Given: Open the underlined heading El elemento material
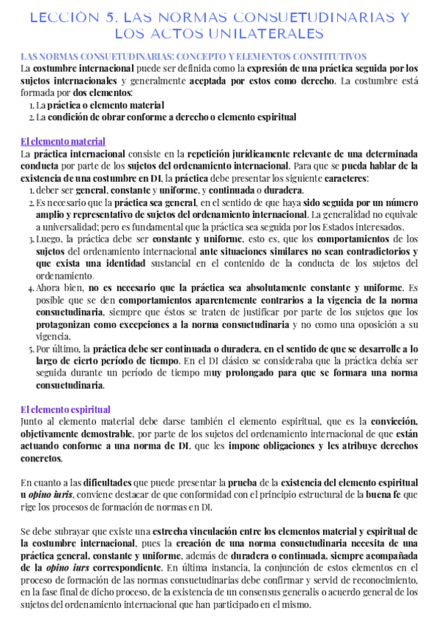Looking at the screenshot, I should (63, 141).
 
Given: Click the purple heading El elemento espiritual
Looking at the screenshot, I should (65, 409).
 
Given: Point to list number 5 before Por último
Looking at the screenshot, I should (32, 349).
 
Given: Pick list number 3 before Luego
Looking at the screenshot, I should (32, 240).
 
